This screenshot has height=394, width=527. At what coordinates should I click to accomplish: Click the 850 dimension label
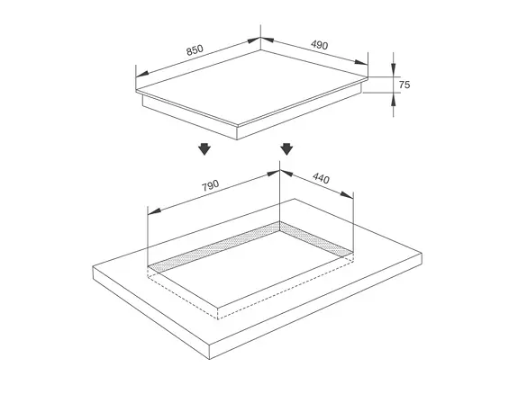[195, 50]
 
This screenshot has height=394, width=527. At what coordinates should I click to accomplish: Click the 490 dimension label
[319, 45]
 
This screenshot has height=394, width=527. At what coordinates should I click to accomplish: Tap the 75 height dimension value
[404, 85]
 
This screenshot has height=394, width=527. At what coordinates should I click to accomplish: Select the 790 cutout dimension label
[211, 185]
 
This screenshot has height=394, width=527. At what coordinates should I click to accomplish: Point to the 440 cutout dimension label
[321, 178]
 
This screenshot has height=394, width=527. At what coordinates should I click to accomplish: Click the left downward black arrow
[204, 148]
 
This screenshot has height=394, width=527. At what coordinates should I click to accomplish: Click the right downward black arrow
[286, 148]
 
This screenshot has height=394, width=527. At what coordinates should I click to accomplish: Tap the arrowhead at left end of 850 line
[142, 74]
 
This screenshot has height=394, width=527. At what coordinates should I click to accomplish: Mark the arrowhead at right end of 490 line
[361, 62]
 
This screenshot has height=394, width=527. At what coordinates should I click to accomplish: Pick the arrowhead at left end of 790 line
[154, 211]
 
